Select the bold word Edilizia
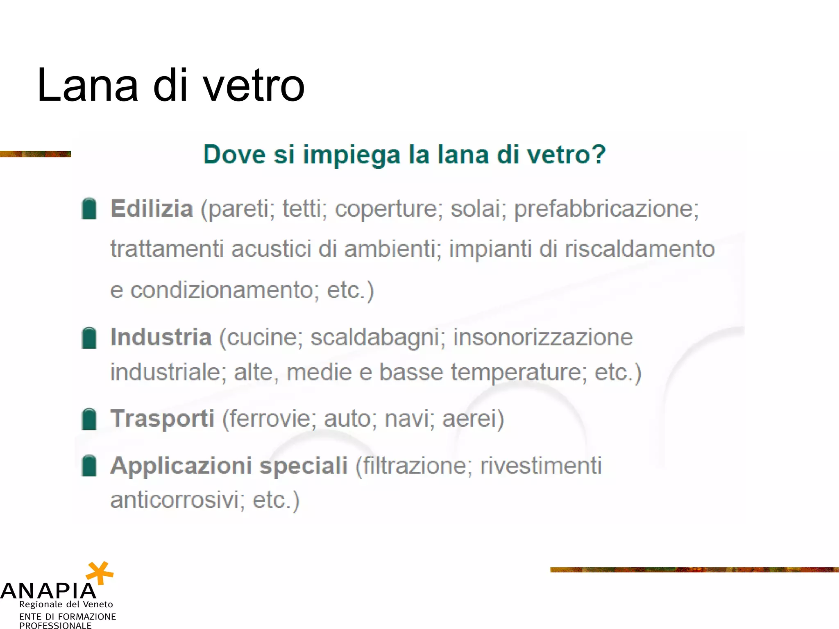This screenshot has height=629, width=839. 152,208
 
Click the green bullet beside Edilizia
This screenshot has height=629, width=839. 89,209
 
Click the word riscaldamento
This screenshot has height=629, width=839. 639,249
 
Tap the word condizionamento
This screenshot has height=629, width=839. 222,290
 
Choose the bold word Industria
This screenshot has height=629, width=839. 161,337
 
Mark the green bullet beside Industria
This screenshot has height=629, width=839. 89,338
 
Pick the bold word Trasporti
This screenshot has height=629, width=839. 162,419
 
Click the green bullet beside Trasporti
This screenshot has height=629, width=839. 89,419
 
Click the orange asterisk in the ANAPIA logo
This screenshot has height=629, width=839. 100,572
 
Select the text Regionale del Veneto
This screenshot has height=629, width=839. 66,604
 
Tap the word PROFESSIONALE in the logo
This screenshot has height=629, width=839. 55,625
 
